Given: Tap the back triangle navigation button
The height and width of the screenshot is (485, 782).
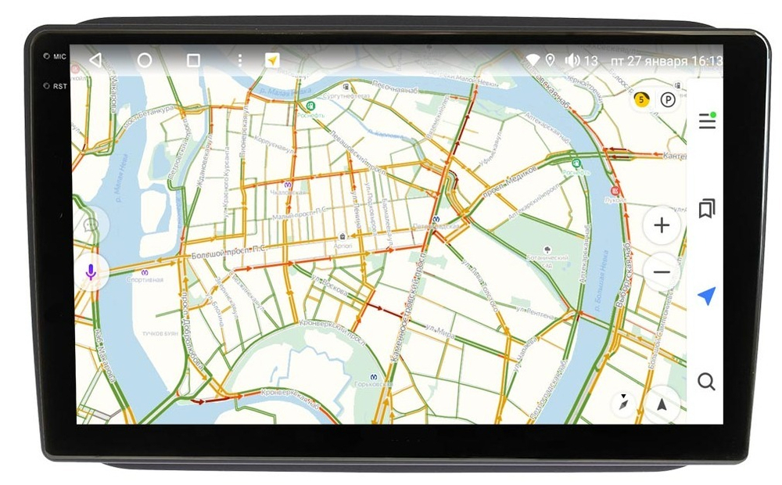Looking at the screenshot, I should point(95,60).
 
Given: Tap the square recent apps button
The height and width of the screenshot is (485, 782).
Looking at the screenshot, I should point(193,60).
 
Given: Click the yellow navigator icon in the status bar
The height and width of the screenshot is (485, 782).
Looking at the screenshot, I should point(272,60).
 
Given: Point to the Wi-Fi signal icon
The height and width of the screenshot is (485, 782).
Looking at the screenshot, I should point(533,60).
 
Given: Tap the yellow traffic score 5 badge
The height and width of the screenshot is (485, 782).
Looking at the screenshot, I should point(641,99).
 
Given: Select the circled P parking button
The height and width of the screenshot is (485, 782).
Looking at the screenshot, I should point(667,99).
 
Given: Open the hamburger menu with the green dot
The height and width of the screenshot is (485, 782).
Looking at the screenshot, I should point(707,120).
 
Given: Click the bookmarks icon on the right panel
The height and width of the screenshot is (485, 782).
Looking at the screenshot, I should point(707,209).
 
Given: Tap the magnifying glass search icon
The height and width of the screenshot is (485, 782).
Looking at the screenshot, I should point(706,382).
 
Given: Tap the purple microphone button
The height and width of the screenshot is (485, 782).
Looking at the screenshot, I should point(91,272).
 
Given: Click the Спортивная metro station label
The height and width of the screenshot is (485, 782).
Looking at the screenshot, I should point(146,279).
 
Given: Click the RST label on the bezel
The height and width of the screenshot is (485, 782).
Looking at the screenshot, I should point(59,86).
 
